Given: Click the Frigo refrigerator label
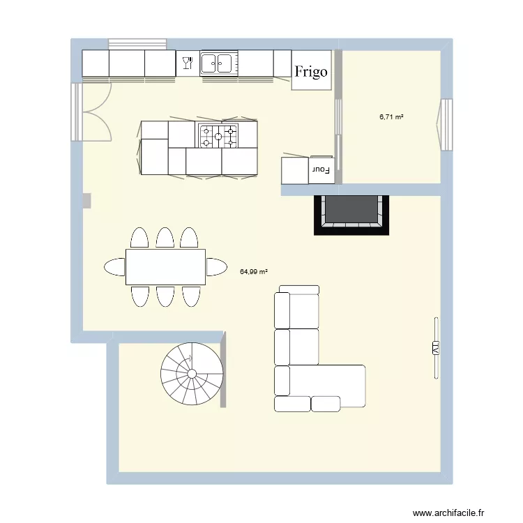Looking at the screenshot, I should [x=311, y=71].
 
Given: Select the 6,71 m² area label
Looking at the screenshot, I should [x=391, y=117].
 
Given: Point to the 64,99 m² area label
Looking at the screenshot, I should [x=255, y=272].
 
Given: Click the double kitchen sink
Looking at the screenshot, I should [x=217, y=63].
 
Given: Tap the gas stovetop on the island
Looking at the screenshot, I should [x=218, y=136].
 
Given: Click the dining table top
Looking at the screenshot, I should [x=165, y=267].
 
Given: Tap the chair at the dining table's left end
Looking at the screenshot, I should [x=114, y=266].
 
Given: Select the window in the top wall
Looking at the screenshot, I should [x=137, y=43].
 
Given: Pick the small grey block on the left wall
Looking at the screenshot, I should [x=86, y=201].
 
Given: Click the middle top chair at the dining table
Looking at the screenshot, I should [x=165, y=238].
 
